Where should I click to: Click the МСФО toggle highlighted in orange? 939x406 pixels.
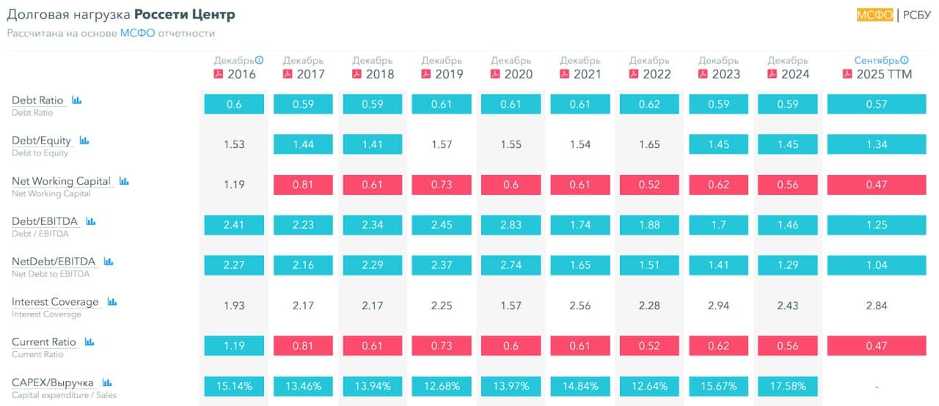(874, 15)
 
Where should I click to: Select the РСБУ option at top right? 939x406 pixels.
(916, 15)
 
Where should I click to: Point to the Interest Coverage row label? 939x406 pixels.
(55, 302)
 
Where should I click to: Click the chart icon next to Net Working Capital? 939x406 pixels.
(123, 181)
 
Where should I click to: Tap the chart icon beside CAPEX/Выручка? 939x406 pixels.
(106, 383)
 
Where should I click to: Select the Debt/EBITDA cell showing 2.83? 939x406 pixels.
(511, 225)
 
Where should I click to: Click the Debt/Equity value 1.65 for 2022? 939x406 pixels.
(649, 144)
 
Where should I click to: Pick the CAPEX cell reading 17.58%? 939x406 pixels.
(788, 385)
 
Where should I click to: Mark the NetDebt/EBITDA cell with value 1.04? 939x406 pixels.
(877, 265)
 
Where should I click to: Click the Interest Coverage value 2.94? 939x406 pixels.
(719, 306)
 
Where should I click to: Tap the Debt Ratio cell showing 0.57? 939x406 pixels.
(877, 104)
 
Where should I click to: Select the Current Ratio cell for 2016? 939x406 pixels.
(234, 346)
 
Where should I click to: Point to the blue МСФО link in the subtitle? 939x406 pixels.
(137, 34)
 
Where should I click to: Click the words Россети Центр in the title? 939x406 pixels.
(185, 15)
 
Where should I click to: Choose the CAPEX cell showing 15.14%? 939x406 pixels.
(234, 385)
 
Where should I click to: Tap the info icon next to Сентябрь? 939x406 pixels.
(905, 60)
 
